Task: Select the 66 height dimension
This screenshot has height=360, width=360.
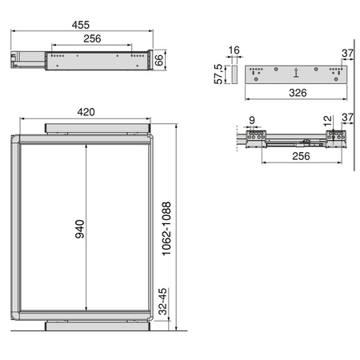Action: pos(160,60)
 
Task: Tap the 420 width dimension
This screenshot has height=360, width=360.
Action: pos(90,113)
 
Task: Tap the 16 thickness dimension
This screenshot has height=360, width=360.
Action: pos(233,50)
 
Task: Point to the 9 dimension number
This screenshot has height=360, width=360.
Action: pos(253,122)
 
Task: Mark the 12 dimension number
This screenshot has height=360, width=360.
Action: pos(326,120)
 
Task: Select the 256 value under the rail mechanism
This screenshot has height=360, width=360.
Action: pos(295,156)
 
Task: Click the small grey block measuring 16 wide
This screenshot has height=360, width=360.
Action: pos(234,73)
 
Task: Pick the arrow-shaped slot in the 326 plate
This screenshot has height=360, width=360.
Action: pos(296,73)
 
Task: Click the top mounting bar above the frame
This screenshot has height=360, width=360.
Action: pos(98,127)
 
